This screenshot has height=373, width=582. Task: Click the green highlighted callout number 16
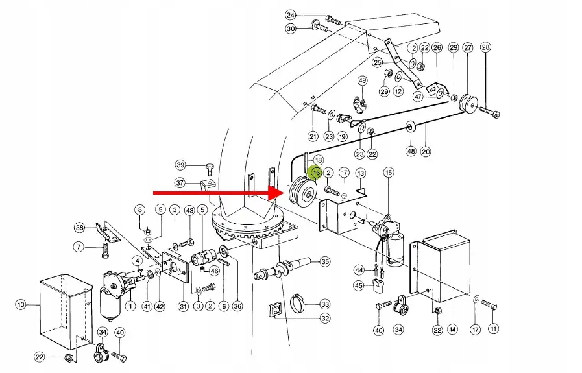pyautogui.click(x=317, y=173)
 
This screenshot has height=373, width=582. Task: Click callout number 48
pyautogui.click(x=410, y=151)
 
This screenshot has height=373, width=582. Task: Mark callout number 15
pyautogui.click(x=389, y=173)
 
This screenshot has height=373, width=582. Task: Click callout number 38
pyautogui.click(x=79, y=228)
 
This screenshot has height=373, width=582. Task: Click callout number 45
pyautogui.click(x=359, y=285)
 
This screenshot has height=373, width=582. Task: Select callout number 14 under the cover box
pyautogui.click(x=453, y=330)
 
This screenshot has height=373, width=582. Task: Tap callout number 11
pyautogui.click(x=494, y=330)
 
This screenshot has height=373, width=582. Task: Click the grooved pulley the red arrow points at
pyautogui.click(x=302, y=192)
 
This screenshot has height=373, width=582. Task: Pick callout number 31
pyautogui.click(x=183, y=306)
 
